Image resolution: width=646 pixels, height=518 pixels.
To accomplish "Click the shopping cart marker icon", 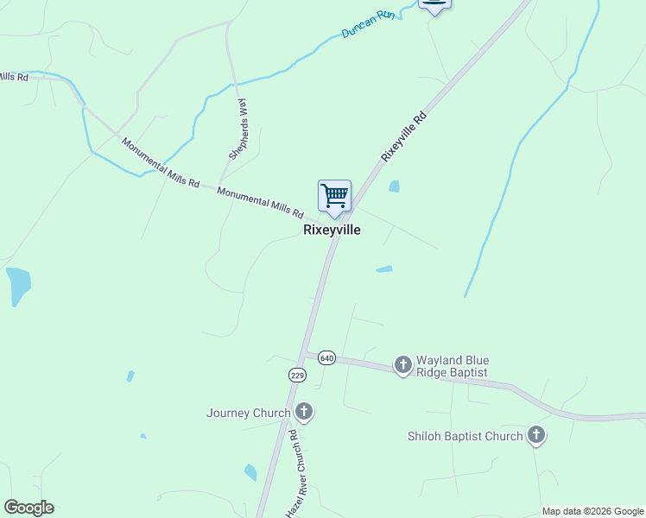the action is coord(334,196).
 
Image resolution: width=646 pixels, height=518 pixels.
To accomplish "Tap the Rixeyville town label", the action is coord(332,231).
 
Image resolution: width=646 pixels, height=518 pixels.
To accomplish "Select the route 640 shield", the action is coord(326,357).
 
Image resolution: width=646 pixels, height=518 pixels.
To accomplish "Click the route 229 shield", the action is coord(297,375).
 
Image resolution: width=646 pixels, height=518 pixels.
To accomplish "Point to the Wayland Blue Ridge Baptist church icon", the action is coord(403,365).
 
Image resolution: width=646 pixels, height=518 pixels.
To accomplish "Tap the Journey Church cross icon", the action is coord(303,412).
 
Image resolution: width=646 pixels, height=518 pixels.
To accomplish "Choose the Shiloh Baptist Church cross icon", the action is coord(536,435).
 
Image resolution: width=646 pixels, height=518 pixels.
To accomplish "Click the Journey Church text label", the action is coord(248,413).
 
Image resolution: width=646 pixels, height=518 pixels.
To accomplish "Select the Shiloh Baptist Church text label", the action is coord(465,436).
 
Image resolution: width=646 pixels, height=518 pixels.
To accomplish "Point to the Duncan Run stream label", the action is coord(368,25).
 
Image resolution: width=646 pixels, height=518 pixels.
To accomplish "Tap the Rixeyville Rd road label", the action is coord(404,136).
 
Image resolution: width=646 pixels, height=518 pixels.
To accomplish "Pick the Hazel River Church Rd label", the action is coord(299,473).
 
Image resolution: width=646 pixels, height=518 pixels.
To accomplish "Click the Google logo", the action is coord(28,508).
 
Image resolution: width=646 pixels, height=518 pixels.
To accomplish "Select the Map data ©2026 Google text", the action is coord(592,511).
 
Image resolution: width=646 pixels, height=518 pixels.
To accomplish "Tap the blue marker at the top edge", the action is coord(434,4).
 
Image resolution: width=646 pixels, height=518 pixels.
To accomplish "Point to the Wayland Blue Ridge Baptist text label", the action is coord(453,366).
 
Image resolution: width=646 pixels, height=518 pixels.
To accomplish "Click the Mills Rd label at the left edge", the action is coord(15,77).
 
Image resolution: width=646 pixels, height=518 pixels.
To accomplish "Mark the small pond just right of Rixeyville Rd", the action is coord(395,186).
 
